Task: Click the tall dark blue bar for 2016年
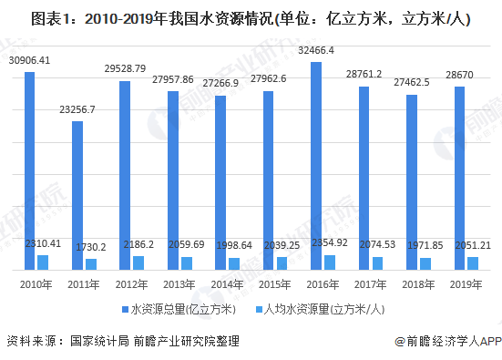point(316,166)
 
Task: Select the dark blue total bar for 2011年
point(77,196)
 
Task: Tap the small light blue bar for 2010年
point(43,262)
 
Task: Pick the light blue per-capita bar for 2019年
point(473,263)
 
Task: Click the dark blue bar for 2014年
point(220,183)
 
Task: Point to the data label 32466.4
point(316,51)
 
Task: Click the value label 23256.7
point(77,110)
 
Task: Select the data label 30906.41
point(29,60)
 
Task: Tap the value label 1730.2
point(91,247)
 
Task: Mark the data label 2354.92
point(330,242)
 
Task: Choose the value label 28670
point(459,75)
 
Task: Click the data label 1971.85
point(425,246)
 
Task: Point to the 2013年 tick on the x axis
point(179,284)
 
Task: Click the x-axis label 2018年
point(418,284)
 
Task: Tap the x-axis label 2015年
point(275,284)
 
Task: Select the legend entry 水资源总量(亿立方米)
point(179,309)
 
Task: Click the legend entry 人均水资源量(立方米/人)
point(320,309)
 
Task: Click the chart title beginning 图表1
point(251,18)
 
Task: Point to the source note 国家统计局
point(99,341)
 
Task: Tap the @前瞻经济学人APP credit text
point(448,342)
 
